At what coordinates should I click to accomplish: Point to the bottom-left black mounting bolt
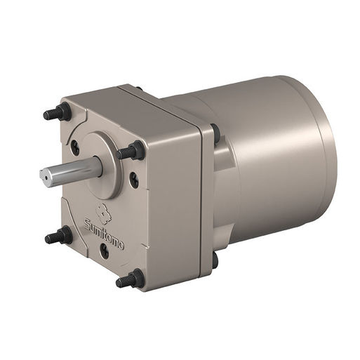coord(60,237)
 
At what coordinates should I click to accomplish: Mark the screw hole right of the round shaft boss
coord(134,179)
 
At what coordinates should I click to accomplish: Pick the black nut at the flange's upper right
coord(215,133)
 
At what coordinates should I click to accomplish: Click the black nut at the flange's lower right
coord(214,260)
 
